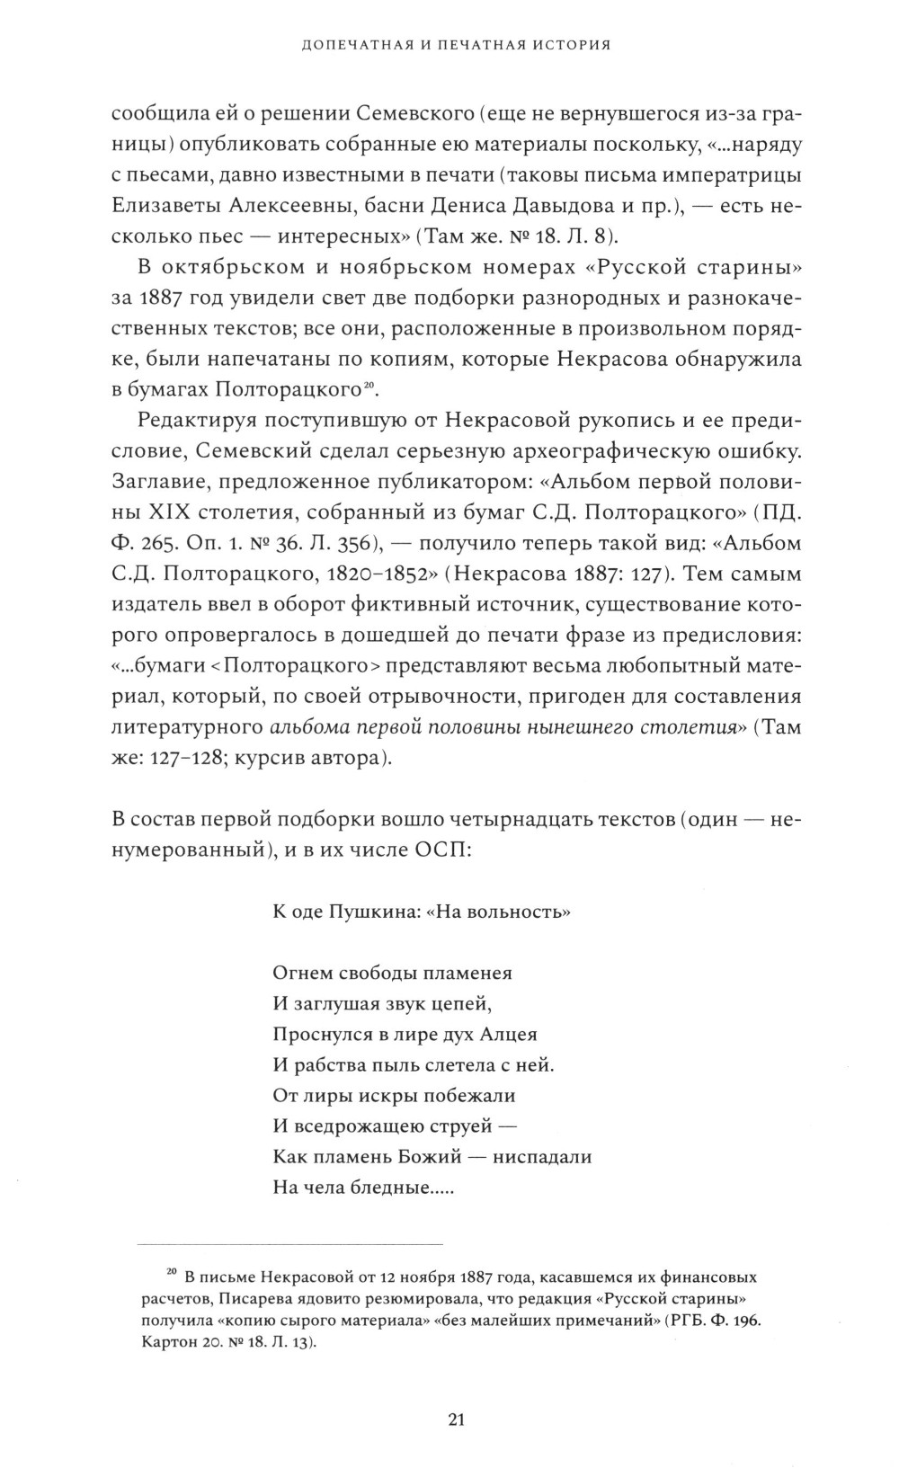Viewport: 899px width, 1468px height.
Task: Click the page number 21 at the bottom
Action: [455, 1394]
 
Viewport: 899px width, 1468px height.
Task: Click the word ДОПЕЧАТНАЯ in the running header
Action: [343, 45]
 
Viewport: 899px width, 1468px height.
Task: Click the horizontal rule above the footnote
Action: [289, 1244]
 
